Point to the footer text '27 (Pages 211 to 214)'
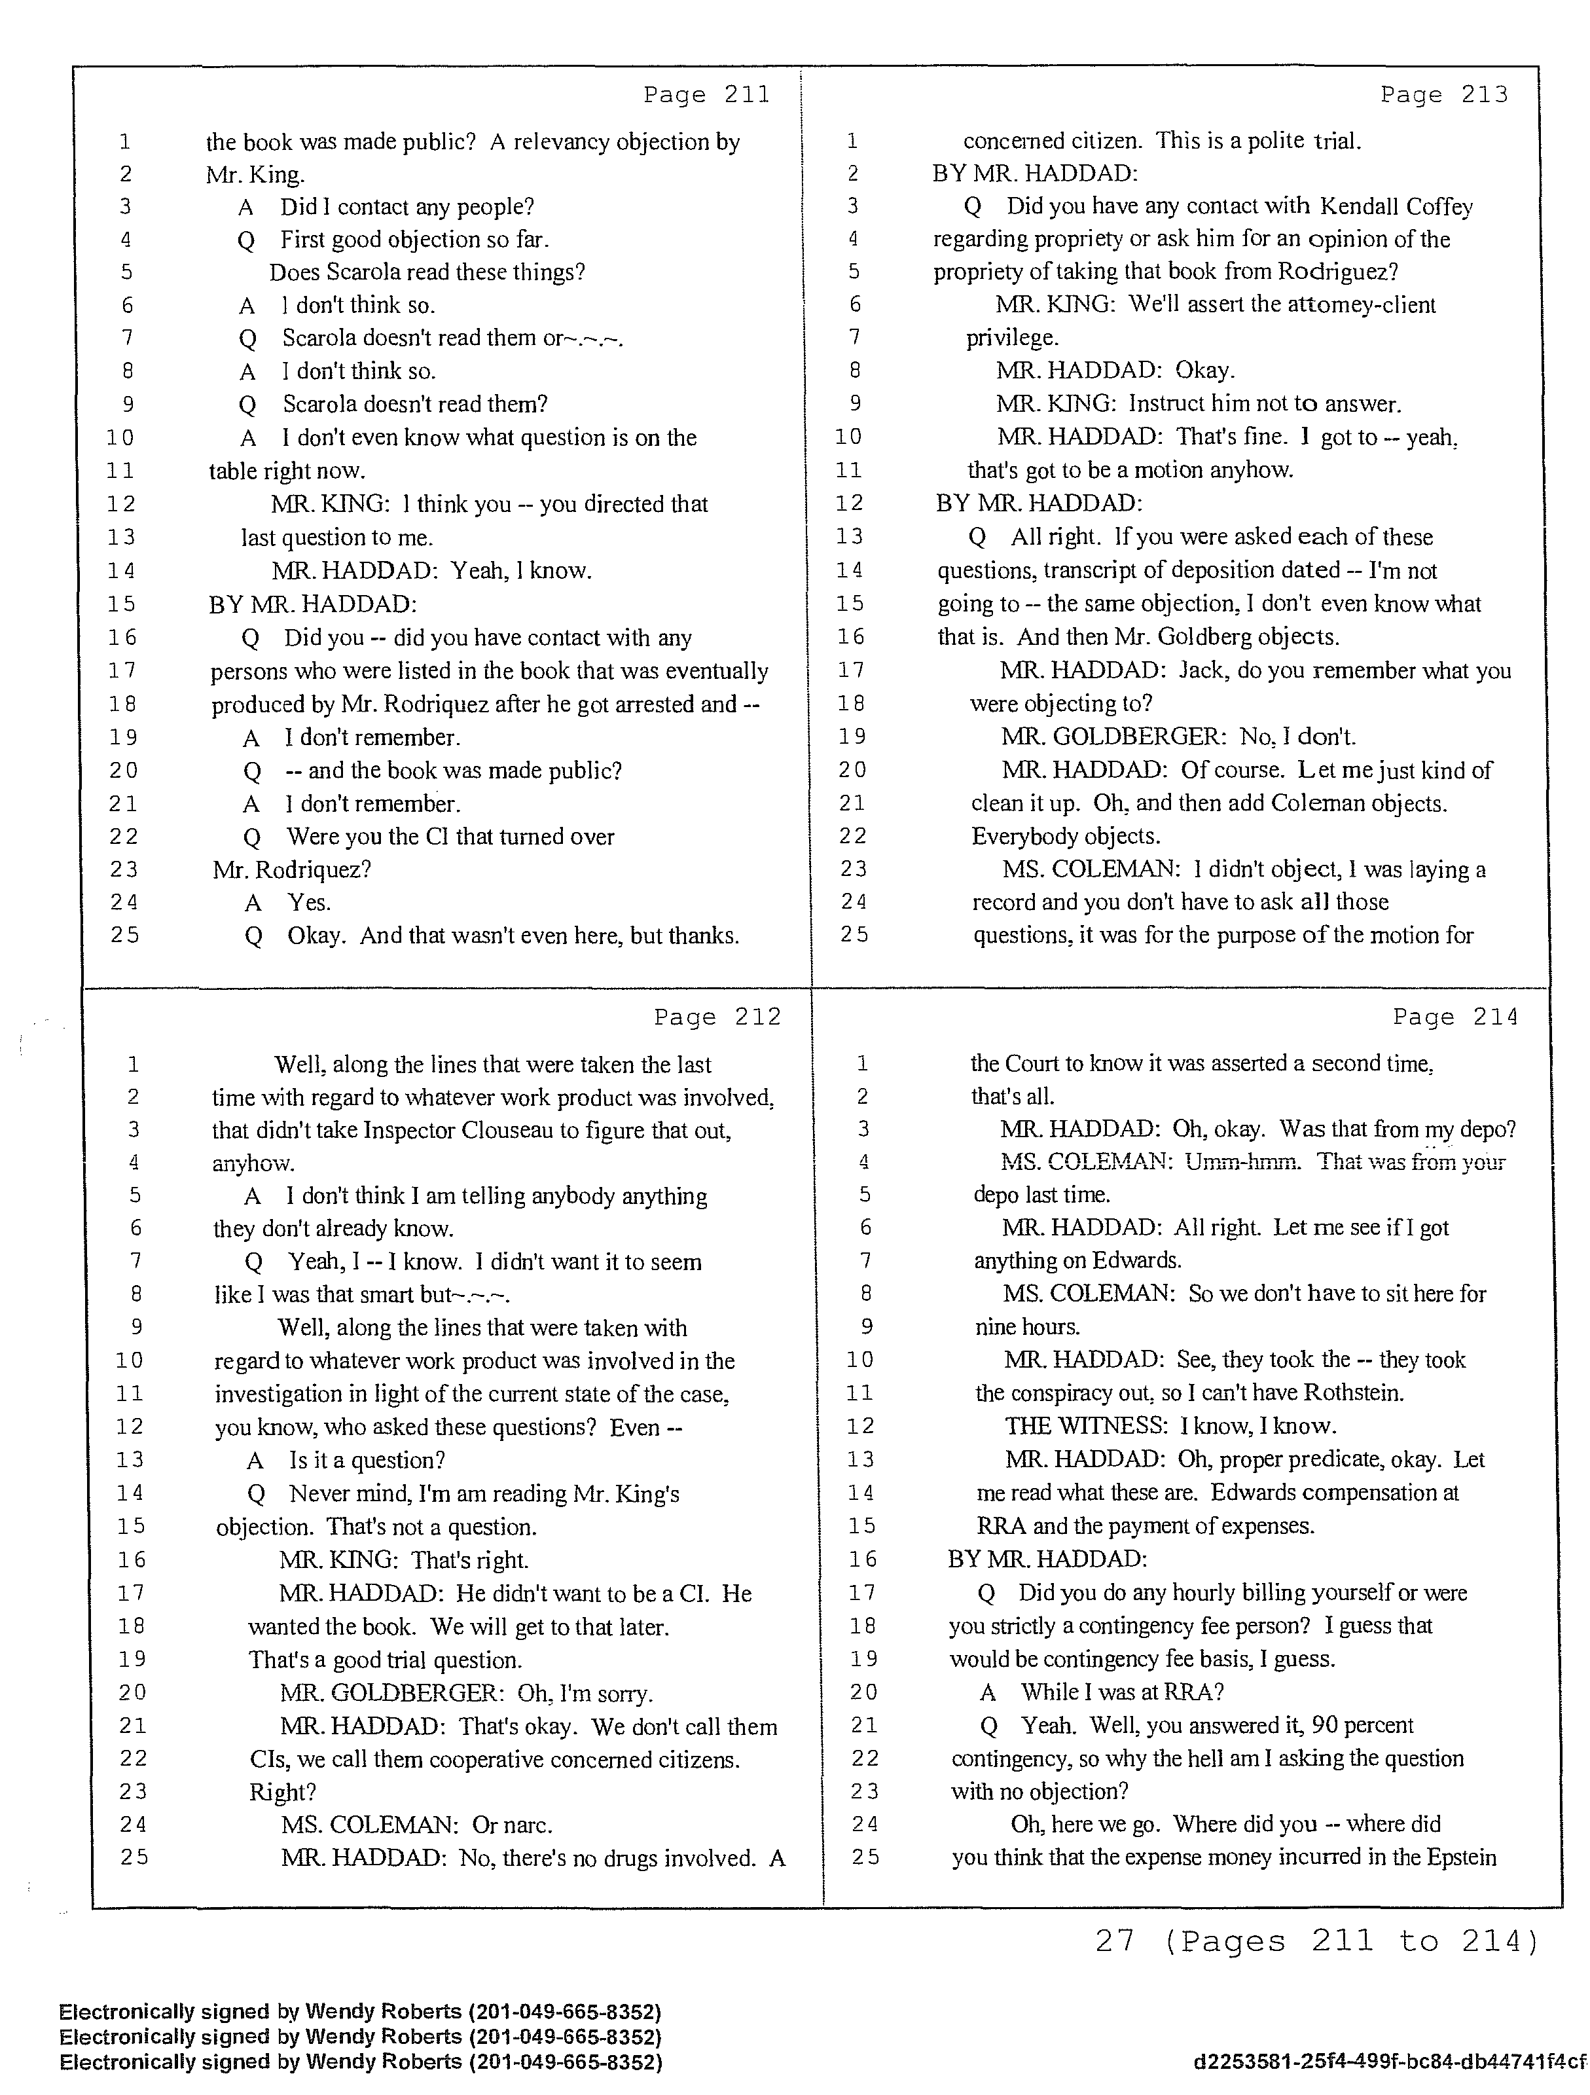1316,1942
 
